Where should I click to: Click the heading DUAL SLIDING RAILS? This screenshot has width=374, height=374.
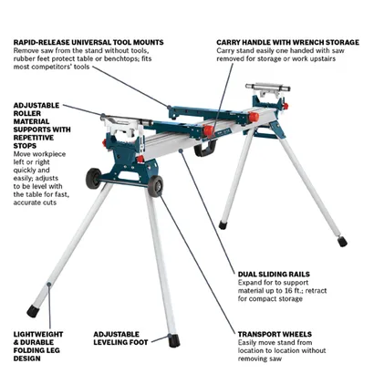[274, 275]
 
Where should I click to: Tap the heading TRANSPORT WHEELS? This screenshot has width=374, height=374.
[275, 334]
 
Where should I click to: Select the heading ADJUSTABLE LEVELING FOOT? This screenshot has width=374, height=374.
[120, 338]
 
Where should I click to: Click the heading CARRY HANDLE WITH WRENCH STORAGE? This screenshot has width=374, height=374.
[287, 42]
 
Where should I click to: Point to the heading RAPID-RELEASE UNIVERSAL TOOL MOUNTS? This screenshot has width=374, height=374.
[88, 42]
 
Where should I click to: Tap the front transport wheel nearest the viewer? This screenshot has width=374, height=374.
[156, 186]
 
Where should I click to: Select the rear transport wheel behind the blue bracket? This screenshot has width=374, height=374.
[93, 179]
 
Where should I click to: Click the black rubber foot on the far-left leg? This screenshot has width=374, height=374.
[32, 311]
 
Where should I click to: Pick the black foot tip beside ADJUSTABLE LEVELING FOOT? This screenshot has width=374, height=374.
[174, 340]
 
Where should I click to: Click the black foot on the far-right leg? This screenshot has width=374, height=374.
[343, 242]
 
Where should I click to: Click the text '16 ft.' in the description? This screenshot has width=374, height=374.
[293, 291]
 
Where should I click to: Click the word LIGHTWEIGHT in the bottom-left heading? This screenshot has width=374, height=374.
[38, 334]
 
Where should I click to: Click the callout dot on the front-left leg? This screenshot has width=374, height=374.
[48, 285]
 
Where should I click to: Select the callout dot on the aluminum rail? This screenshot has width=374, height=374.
[181, 150]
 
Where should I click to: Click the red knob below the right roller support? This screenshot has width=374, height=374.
[286, 106]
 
